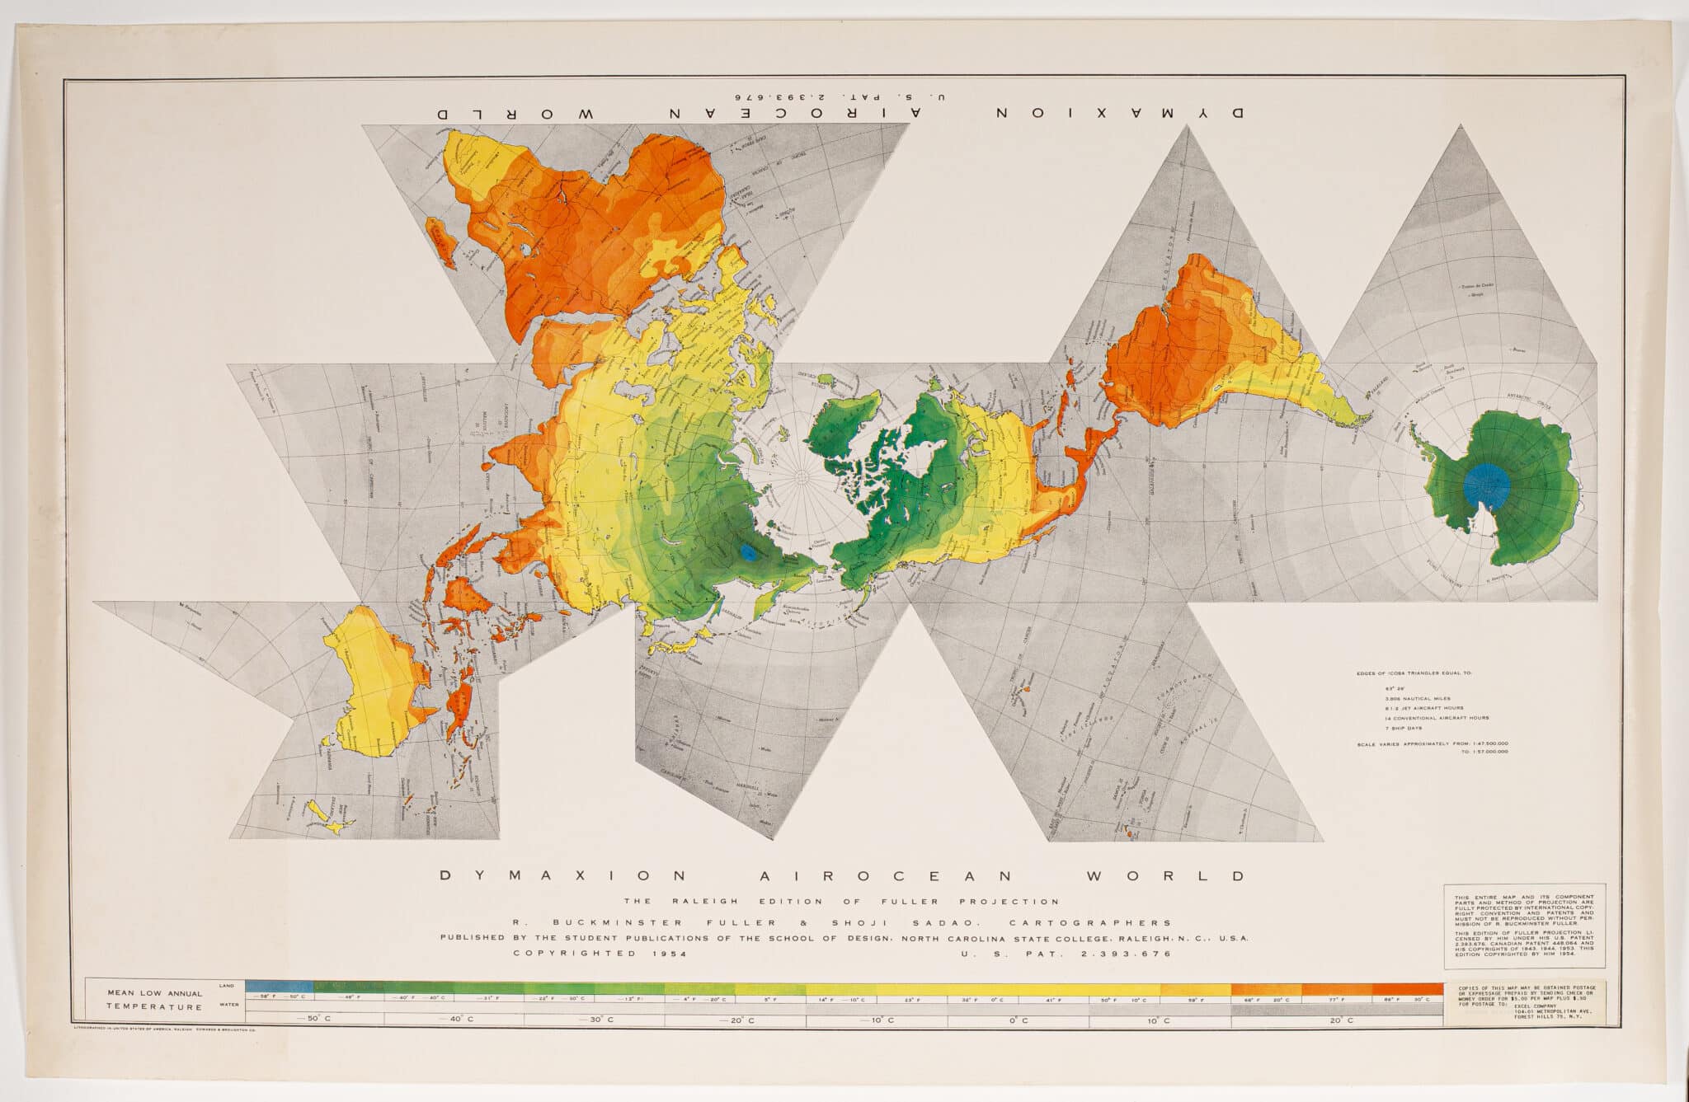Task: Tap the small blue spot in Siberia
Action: tap(748, 552)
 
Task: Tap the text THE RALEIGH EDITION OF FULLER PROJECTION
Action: tap(841, 901)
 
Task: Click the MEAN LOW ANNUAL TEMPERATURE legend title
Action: tap(153, 1000)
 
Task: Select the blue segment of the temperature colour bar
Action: tap(280, 986)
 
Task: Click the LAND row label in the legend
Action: tap(226, 986)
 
